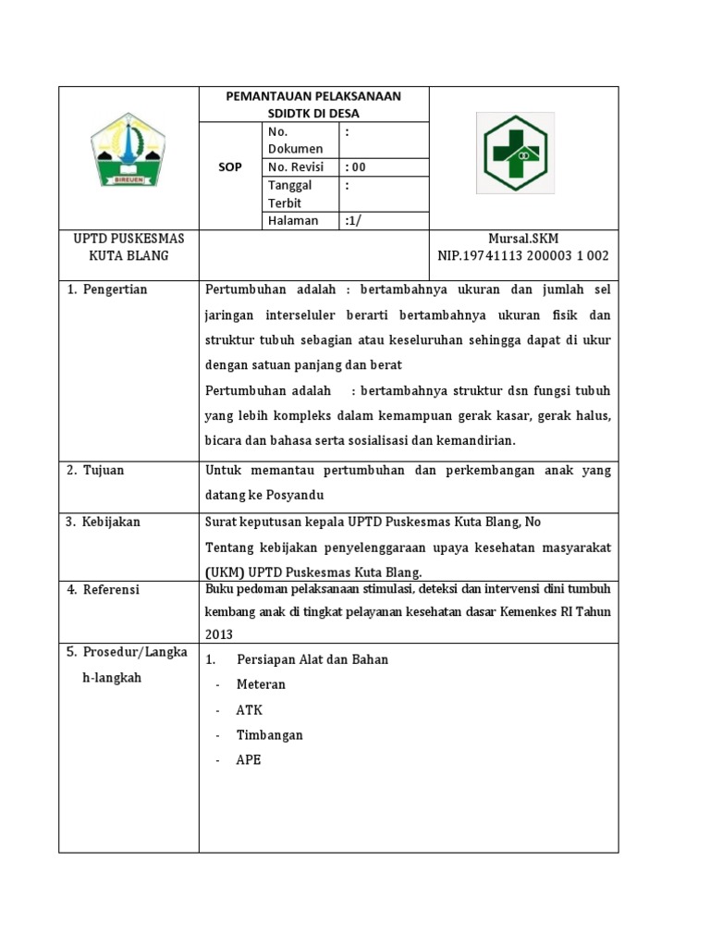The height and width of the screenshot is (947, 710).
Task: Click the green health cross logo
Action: [x=515, y=153]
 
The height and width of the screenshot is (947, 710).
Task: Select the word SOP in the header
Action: [x=230, y=167]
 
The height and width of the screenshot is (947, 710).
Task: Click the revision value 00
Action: [x=356, y=167]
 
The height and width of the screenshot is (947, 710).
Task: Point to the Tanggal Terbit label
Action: [x=289, y=194]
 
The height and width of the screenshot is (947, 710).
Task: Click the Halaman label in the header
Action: [x=293, y=220]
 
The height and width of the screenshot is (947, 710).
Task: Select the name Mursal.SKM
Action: [x=523, y=239]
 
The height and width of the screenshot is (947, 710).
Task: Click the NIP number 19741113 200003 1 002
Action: [x=523, y=255]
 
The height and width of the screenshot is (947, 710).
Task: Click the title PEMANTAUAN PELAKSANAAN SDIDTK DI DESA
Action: [x=314, y=105]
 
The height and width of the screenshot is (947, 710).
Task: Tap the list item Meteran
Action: [x=262, y=684]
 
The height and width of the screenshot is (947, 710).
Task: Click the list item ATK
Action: [x=250, y=710]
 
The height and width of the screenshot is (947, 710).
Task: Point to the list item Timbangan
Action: [x=270, y=735]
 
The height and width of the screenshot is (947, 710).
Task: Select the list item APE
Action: [x=249, y=760]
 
